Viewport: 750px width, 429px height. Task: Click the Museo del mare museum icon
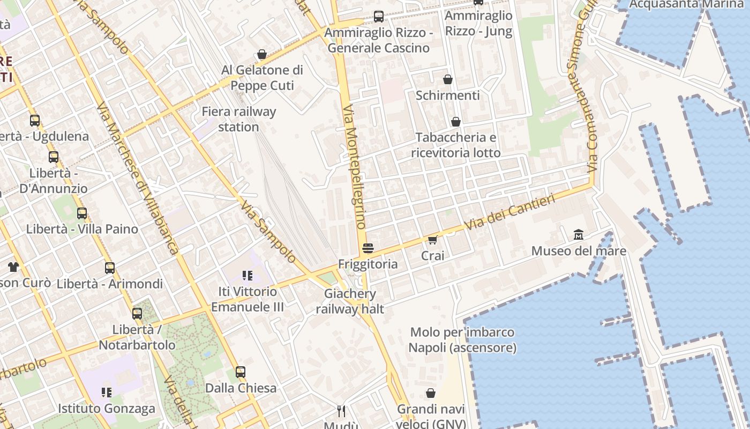tap(579, 235)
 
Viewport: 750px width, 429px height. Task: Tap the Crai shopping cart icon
tap(433, 240)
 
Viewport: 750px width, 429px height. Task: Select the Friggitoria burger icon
tap(367, 248)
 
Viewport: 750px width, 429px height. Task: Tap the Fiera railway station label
tap(239, 120)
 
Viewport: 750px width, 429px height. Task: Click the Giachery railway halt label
tap(350, 301)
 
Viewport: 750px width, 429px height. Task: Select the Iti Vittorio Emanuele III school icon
tap(247, 276)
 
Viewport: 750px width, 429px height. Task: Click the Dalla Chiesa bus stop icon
tap(241, 372)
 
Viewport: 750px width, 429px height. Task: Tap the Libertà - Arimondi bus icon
tap(110, 268)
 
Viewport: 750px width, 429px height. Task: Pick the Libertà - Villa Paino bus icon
tap(82, 213)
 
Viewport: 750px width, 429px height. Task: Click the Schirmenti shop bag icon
tap(448, 79)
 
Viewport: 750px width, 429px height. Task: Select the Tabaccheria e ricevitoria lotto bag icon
tap(456, 122)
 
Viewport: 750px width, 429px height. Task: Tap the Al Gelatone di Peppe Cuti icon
tap(262, 54)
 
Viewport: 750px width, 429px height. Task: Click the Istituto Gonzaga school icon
tap(107, 392)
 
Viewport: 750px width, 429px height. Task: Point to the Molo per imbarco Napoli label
tap(462, 340)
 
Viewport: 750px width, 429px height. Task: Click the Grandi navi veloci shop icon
tap(431, 394)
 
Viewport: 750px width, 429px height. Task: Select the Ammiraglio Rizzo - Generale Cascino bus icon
tap(379, 17)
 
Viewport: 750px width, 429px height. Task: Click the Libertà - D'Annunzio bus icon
tap(54, 157)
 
